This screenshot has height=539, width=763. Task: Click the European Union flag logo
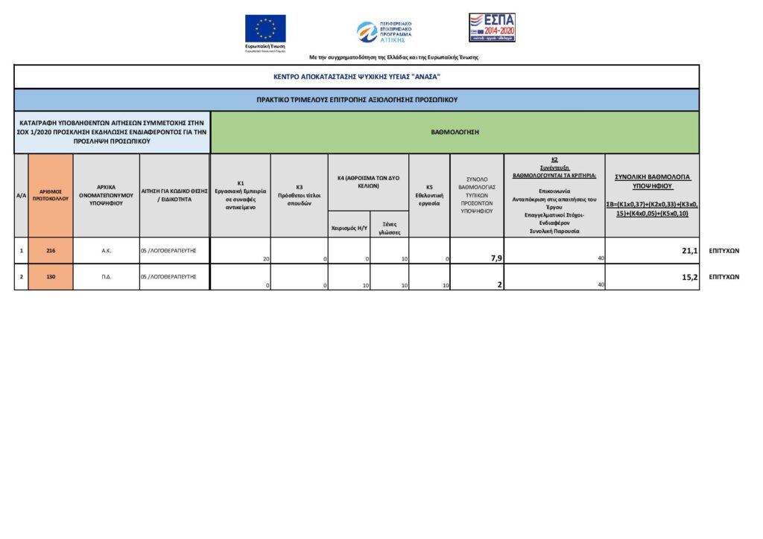tap(265, 29)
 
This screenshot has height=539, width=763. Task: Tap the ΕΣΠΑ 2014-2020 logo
tap(492, 28)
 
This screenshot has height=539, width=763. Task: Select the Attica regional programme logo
tap(384, 31)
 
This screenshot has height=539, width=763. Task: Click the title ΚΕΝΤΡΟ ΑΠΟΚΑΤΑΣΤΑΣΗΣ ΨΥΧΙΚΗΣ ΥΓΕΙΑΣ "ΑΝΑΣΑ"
tap(357, 77)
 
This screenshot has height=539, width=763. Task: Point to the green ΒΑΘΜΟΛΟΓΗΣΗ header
tap(455, 132)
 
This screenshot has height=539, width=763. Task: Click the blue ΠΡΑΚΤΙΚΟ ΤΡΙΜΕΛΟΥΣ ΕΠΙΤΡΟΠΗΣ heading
tap(357, 99)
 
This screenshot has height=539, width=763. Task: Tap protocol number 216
tap(51, 251)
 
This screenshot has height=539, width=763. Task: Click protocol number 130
tap(51, 276)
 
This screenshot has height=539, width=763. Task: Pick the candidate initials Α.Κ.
tap(107, 251)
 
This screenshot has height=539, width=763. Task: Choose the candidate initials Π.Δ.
tap(107, 276)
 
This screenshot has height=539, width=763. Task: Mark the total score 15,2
tap(689, 277)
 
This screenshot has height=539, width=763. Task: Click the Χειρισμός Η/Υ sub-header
tap(349, 228)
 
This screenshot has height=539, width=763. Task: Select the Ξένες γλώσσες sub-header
tap(389, 227)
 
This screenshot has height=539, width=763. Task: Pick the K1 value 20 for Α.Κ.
tap(265, 258)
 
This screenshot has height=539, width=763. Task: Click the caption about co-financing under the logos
tap(393, 57)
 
